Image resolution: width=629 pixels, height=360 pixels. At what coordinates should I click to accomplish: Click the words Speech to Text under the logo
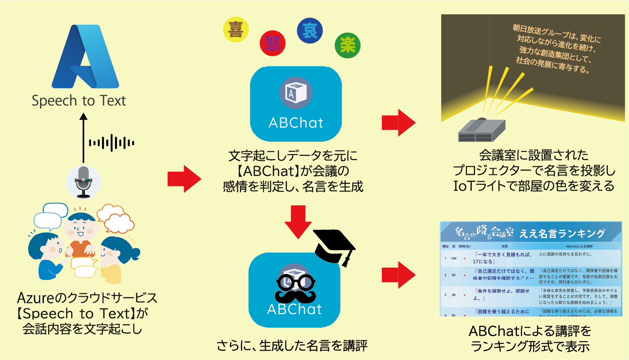click(79, 101)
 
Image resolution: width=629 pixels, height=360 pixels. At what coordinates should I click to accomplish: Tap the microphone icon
click(84, 182)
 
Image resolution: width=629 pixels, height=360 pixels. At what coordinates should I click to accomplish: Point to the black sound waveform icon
click(112, 143)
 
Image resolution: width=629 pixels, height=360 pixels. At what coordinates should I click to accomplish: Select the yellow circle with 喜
click(236, 30)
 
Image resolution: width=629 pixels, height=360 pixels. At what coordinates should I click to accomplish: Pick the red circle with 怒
click(273, 44)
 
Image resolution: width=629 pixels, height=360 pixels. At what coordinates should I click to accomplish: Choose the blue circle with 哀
click(310, 31)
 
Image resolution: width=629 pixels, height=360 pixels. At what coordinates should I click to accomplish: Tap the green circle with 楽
click(348, 45)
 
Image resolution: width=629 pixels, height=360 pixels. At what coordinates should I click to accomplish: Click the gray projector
click(482, 131)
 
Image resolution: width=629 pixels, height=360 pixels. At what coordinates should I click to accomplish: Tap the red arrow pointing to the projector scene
click(398, 123)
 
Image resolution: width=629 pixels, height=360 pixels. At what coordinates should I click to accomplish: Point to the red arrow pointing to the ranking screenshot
click(398, 275)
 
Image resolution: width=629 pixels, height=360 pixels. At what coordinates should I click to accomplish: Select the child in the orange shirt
click(80, 239)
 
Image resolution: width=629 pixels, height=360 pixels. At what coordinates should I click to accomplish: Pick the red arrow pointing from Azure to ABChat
click(184, 179)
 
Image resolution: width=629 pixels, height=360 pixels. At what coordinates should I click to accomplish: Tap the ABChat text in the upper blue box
click(296, 123)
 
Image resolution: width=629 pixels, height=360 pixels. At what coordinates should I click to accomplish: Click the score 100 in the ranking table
click(454, 258)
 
